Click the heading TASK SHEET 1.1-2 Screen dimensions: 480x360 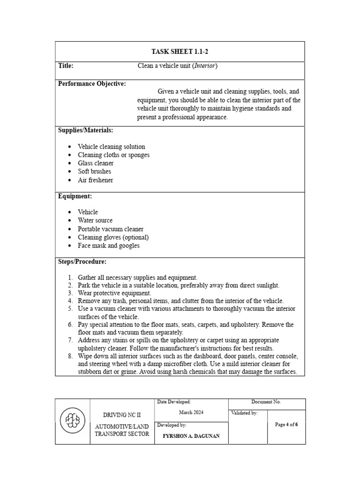pos(180,52)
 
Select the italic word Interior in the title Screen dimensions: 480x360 pos(206,66)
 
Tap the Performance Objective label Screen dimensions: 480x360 pos(92,84)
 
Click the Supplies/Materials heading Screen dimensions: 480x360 pos(85,130)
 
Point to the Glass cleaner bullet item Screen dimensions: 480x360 pos(96,163)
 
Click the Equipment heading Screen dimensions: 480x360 pos(75,196)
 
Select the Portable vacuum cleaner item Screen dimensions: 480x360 pos(111,229)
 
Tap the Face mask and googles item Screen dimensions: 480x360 pos(109,246)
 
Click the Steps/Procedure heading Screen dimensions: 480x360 pos(82,262)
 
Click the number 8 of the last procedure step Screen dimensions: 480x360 pos(70,356)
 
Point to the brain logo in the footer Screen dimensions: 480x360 pos(73,421)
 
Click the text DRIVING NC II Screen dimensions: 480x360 pos(122,415)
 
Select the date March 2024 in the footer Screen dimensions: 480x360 pos(191,412)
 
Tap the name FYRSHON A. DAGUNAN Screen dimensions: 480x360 pos(191,436)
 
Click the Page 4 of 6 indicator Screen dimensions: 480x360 pos(286,425)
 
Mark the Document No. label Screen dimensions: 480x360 pos(266,402)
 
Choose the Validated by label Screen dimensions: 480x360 pos(244,413)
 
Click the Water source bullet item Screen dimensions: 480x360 pos(95,220)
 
